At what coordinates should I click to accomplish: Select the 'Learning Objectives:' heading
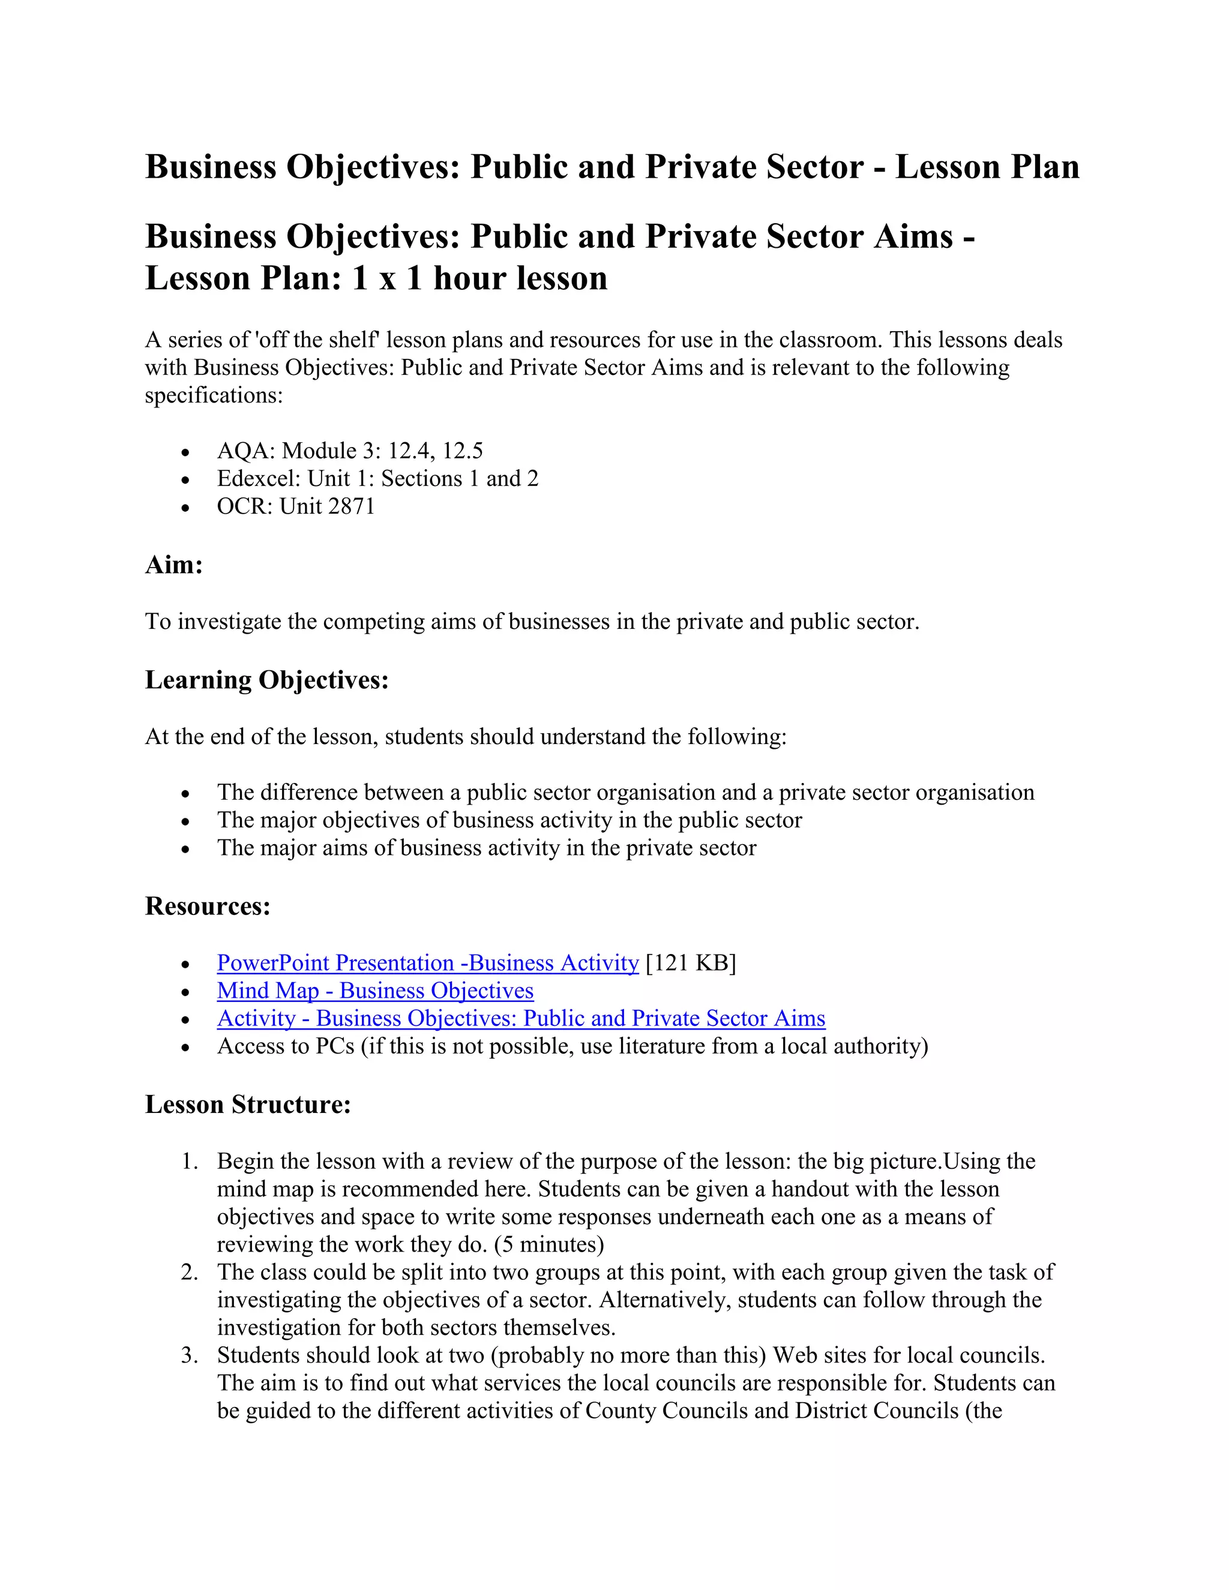[x=266, y=679]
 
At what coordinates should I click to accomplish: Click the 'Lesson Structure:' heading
[x=248, y=1105]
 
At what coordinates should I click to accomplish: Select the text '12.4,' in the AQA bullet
[x=411, y=451]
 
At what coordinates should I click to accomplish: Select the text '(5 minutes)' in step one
[x=549, y=1244]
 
